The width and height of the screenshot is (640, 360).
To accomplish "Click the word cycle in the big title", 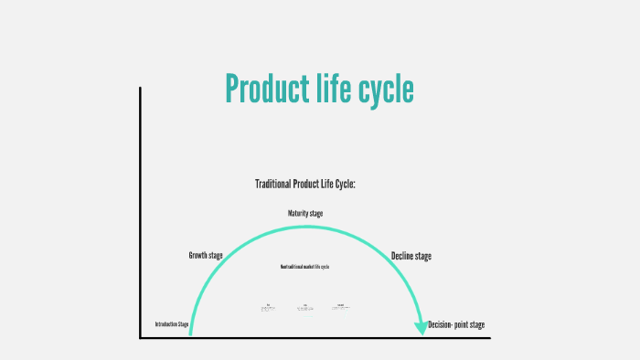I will (382, 90).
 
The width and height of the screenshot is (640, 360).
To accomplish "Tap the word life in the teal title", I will (329, 90).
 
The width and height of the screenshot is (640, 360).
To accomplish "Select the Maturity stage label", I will (305, 214).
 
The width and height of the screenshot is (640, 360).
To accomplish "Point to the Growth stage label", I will (206, 256).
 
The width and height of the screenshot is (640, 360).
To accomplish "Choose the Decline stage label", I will (411, 257).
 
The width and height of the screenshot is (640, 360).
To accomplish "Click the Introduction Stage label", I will (172, 324).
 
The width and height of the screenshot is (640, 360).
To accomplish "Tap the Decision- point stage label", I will (456, 324).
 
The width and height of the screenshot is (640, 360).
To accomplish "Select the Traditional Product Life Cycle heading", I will (304, 185).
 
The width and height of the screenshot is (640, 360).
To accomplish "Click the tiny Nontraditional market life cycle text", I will (304, 266).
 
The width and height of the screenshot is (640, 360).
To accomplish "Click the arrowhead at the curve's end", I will (421, 328).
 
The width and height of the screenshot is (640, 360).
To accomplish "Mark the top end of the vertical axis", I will (140, 89).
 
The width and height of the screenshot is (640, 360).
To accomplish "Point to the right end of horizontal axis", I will (489, 338).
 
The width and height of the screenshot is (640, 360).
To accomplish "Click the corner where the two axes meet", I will (141, 338).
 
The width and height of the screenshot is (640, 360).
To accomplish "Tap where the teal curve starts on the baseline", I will (190, 335).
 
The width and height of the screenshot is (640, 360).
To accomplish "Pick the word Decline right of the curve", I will (402, 257).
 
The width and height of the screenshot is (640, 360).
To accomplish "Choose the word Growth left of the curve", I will (198, 256).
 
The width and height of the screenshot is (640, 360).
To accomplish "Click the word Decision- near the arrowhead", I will (443, 324).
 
